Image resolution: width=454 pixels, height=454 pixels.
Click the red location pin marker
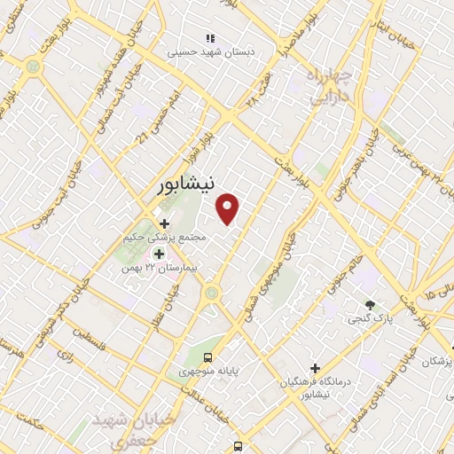(x=228, y=208)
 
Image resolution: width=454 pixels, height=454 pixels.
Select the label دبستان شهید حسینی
(x=213, y=53)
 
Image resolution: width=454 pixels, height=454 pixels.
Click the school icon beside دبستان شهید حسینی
(x=210, y=38)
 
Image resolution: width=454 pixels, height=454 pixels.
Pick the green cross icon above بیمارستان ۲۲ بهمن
(x=159, y=254)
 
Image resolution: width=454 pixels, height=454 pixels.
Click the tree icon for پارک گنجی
(x=370, y=304)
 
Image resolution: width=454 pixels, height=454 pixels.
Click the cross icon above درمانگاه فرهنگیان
(x=315, y=368)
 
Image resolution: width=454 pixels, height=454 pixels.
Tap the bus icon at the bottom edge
(x=238, y=447)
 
